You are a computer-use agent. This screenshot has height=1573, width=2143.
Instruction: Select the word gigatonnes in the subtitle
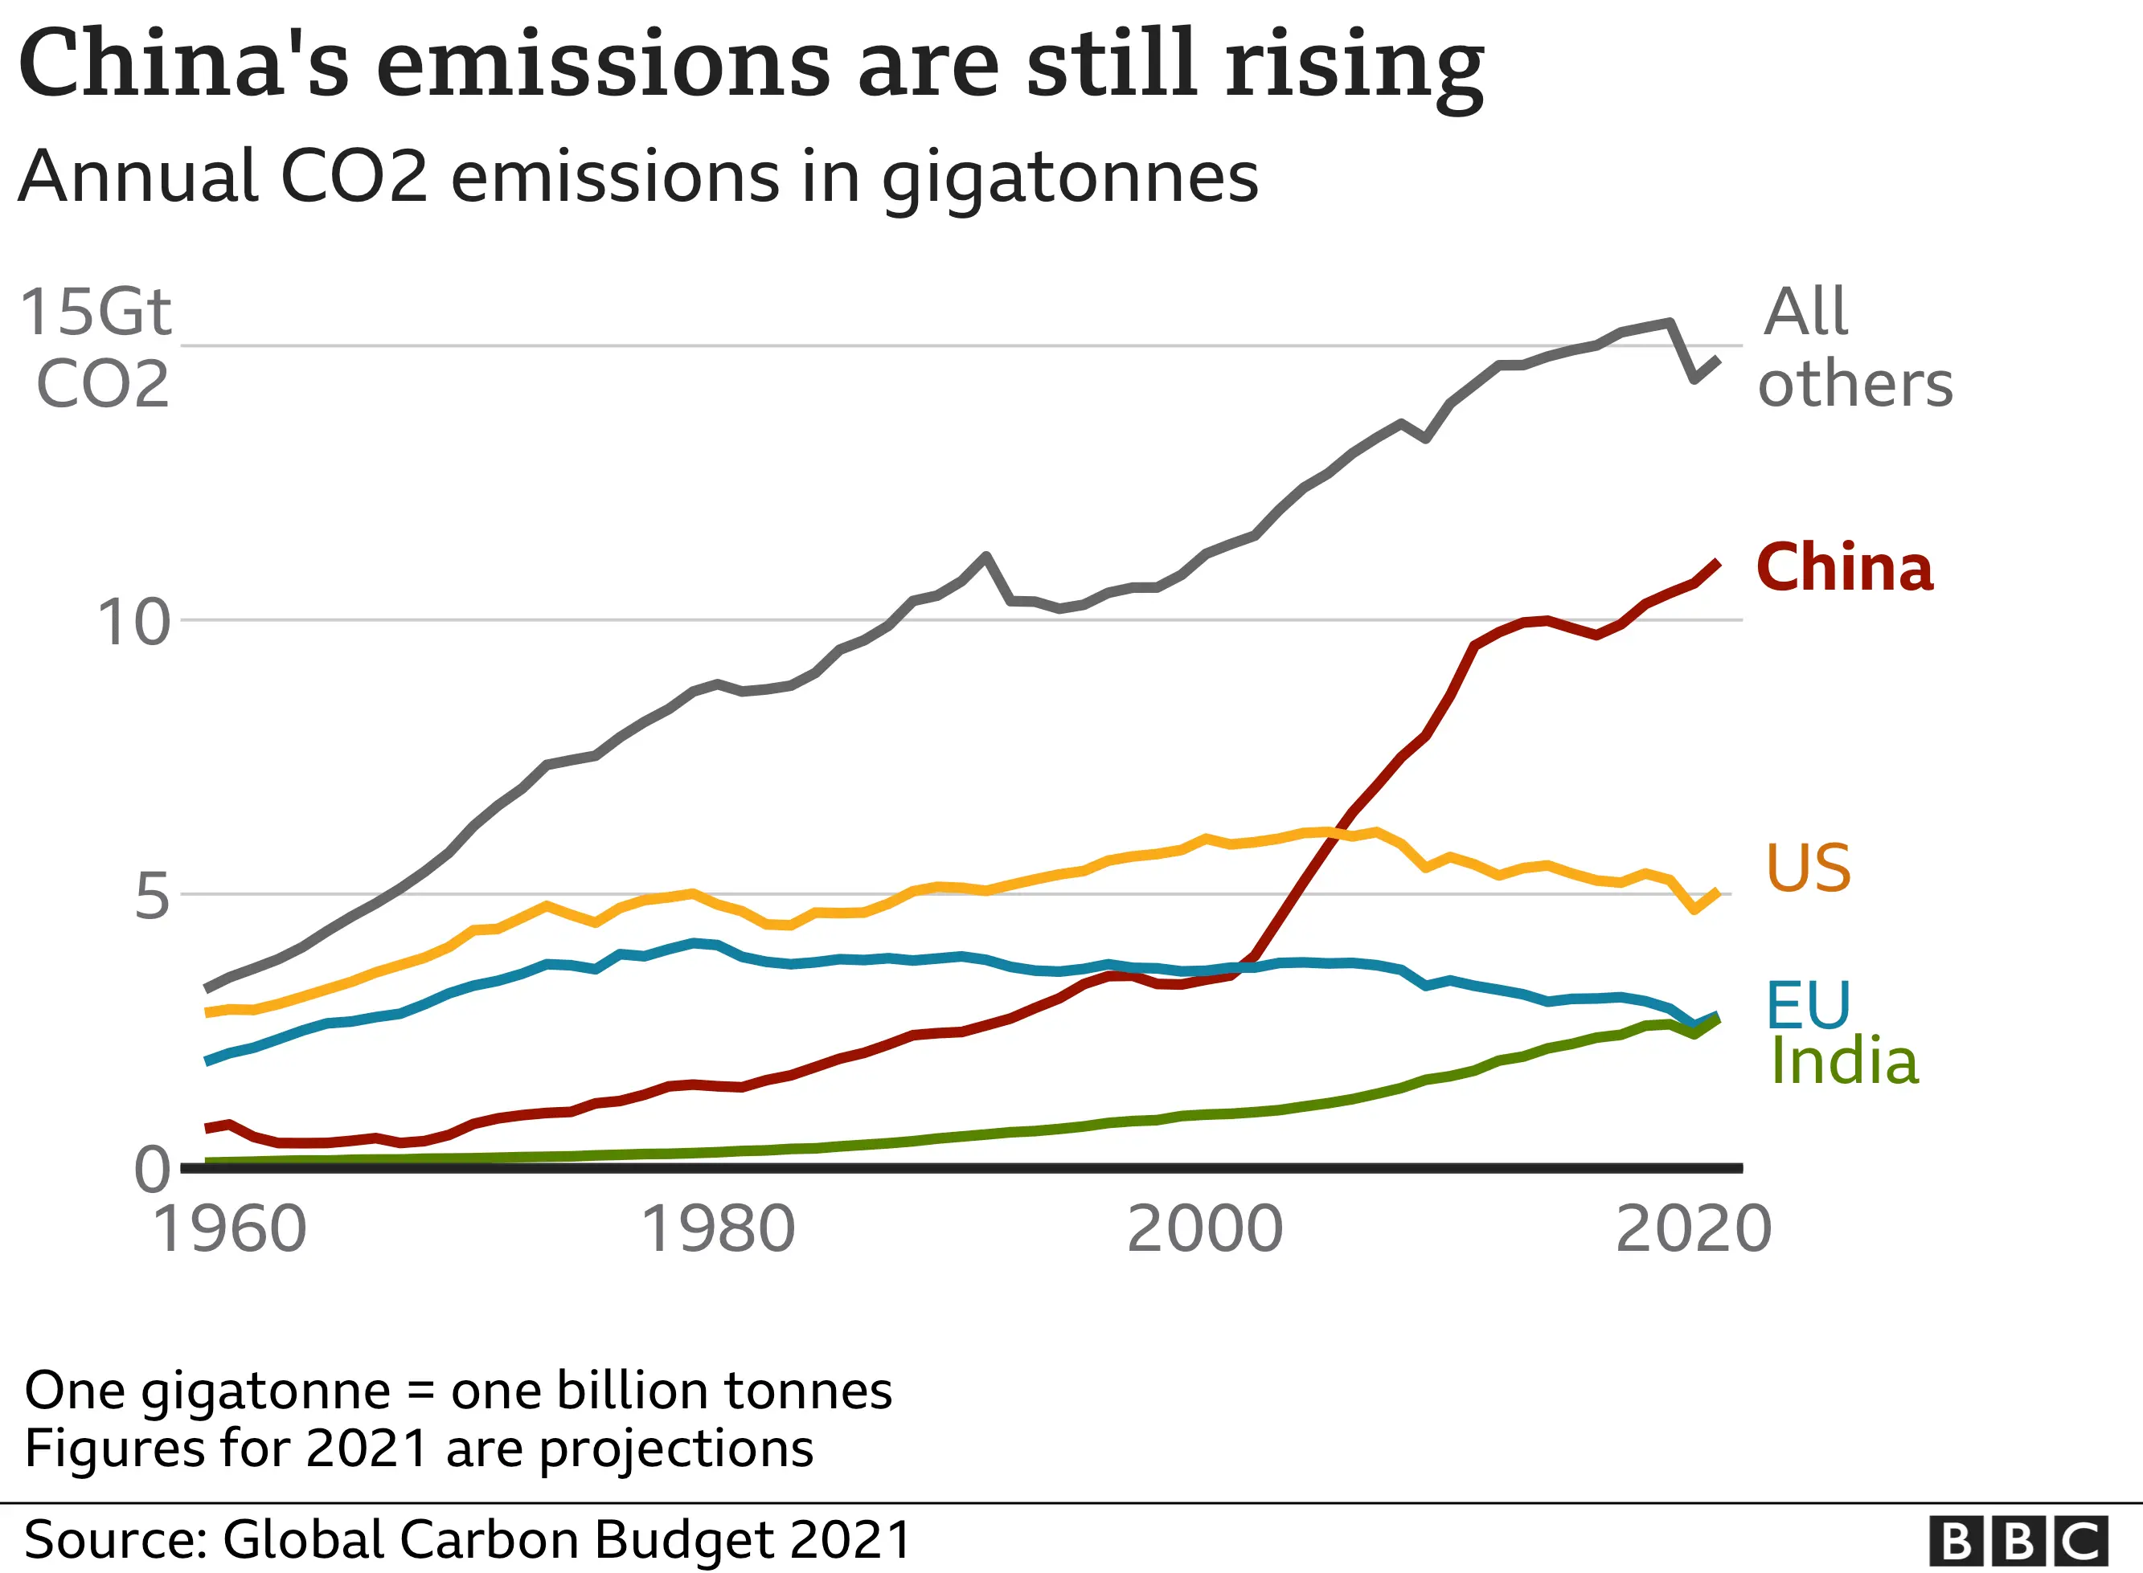pyautogui.click(x=1070, y=179)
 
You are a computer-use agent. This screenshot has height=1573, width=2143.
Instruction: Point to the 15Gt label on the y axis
pyautogui.click(x=95, y=313)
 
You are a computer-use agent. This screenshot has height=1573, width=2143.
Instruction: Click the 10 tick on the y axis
pyautogui.click(x=133, y=623)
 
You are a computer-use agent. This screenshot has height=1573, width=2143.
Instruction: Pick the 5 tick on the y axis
pyautogui.click(x=151, y=897)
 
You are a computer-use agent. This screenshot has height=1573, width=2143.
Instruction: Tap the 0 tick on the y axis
pyautogui.click(x=151, y=1169)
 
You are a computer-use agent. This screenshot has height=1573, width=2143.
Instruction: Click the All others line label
pyautogui.click(x=1853, y=348)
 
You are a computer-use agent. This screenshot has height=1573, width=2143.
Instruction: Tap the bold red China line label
pyautogui.click(x=1844, y=569)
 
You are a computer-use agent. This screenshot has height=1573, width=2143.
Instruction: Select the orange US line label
pyautogui.click(x=1808, y=868)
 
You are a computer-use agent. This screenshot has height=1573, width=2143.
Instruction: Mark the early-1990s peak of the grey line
pyautogui.click(x=985, y=556)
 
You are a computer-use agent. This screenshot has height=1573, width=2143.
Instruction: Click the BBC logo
pyautogui.click(x=2018, y=1541)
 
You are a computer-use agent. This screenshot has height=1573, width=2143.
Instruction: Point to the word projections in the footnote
pyautogui.click(x=676, y=1450)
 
